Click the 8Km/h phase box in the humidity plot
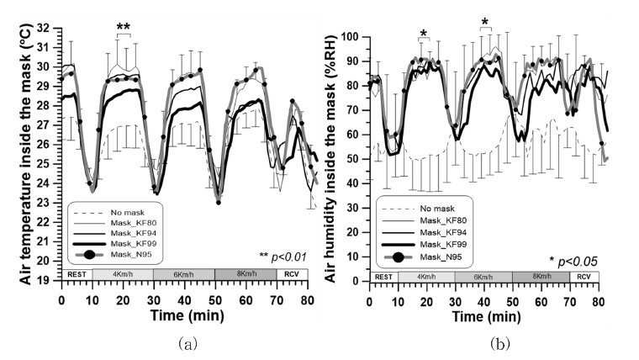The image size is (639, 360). (x=541, y=275)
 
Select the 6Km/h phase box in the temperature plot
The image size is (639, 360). (x=183, y=274)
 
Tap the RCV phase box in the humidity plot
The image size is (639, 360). (x=584, y=275)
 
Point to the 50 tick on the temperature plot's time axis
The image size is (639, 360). (x=215, y=298)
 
